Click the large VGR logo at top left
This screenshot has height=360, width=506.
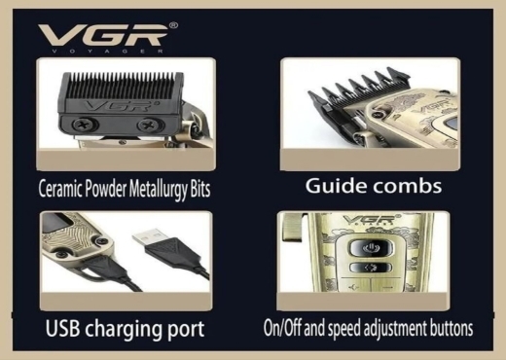(x=103, y=35)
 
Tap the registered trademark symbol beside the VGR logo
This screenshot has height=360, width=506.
(x=173, y=25)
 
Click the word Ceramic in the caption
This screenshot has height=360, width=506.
(x=60, y=189)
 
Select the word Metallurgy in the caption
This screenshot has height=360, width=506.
(x=158, y=190)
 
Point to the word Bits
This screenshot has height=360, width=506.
(x=200, y=189)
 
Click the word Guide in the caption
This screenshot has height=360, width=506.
(x=336, y=186)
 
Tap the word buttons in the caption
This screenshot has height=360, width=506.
(x=451, y=328)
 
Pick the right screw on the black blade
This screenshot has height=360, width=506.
(x=149, y=125)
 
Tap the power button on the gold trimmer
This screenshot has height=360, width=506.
(x=370, y=248)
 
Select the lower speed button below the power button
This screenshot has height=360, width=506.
(x=371, y=268)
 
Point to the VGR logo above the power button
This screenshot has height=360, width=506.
(x=368, y=220)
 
